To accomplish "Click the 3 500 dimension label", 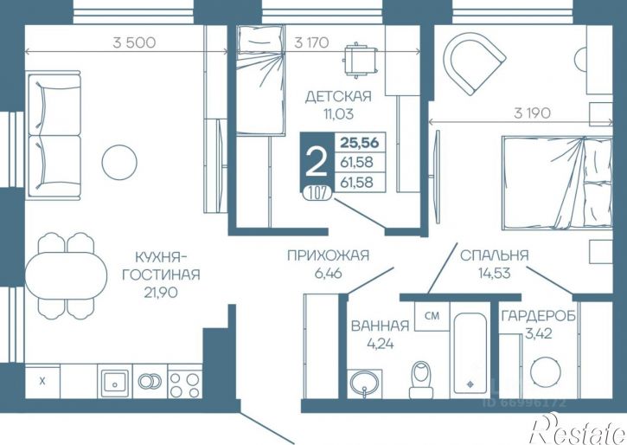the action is point(134,42).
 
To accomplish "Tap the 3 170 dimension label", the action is point(311,42).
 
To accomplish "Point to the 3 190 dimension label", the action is point(532,113).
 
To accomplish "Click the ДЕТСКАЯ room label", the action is point(338,96).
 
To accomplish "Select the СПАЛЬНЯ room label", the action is point(494,255).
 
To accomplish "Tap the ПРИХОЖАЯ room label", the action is point(328,255).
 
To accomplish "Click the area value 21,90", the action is point(161,293).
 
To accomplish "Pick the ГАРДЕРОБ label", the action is point(539,316).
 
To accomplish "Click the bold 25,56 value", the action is point(360,142).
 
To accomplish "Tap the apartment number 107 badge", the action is point(317,193).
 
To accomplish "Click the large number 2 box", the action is point(317,162).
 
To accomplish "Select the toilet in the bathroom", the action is point(421,379).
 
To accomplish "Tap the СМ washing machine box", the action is point(432,316).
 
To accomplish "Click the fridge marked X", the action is point(42,382).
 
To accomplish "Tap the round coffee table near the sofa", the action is point(119,162).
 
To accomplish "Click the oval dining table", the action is point(67,275).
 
